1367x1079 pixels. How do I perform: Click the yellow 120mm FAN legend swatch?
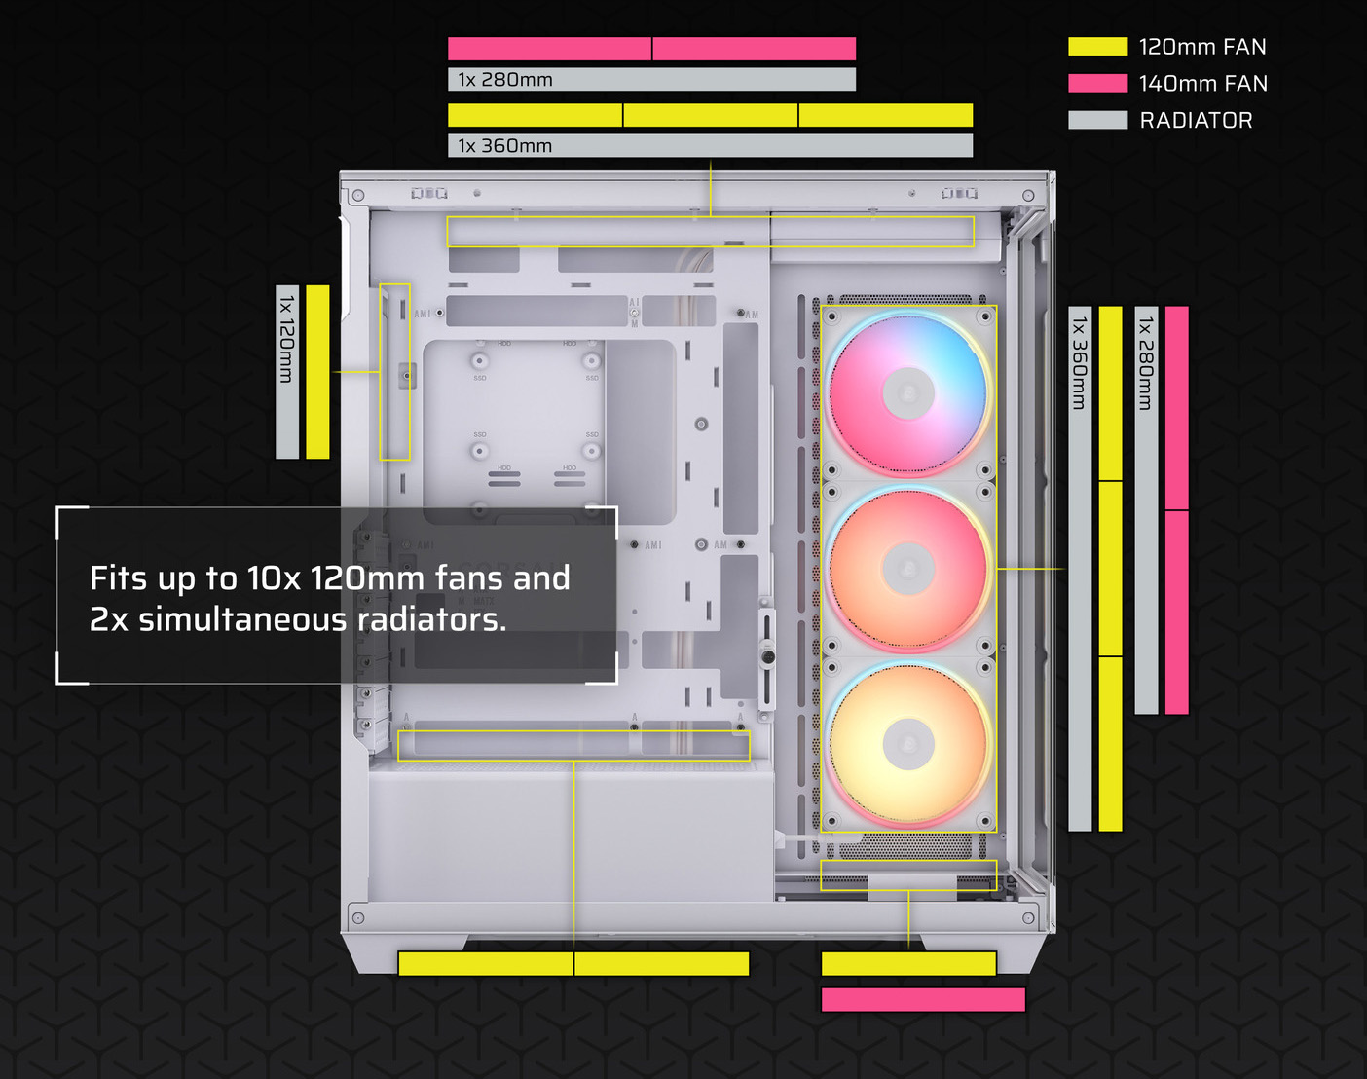[1097, 47]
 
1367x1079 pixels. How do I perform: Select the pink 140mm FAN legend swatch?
[1097, 84]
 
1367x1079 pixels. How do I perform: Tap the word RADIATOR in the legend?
[1196, 121]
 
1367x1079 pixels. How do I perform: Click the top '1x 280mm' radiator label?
[505, 80]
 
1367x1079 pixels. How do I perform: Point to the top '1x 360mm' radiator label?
[505, 146]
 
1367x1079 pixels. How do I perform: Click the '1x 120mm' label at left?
[286, 336]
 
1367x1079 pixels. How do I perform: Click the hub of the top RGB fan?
[907, 393]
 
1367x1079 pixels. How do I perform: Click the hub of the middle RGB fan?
[907, 569]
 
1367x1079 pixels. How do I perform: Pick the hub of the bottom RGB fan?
[907, 744]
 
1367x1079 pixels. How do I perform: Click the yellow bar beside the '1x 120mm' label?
[317, 371]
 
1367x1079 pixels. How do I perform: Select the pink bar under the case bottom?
[923, 1000]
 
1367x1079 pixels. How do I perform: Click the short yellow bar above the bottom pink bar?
[908, 963]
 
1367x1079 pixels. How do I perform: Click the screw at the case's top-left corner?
[358, 196]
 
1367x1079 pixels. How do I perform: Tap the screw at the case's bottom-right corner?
[1028, 918]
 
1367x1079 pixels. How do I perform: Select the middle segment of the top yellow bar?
[710, 116]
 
